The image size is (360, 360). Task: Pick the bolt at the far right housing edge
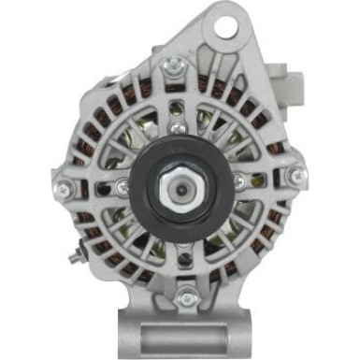[x=298, y=174]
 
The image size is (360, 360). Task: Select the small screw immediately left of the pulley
[x=122, y=188]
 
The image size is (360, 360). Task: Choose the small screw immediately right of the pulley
[x=240, y=180]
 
